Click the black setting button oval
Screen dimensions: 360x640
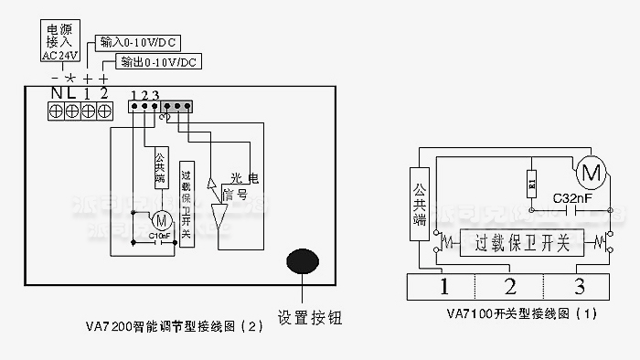pyautogui.click(x=304, y=261)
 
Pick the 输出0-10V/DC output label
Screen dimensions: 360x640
pyautogui.click(x=153, y=63)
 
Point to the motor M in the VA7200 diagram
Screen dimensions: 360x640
pyautogui.click(x=162, y=219)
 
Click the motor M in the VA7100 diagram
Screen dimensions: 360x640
pyautogui.click(x=590, y=171)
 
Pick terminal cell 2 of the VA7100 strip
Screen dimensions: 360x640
pyautogui.click(x=510, y=287)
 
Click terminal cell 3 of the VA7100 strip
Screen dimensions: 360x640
pyautogui.click(x=579, y=287)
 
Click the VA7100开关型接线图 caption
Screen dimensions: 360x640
pyautogui.click(x=522, y=313)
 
